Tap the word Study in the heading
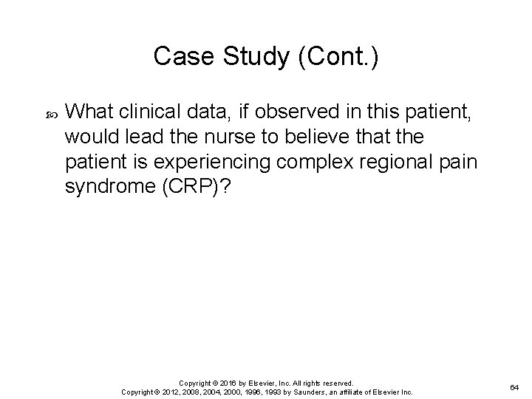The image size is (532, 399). [246, 56]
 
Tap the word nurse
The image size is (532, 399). [219, 137]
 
